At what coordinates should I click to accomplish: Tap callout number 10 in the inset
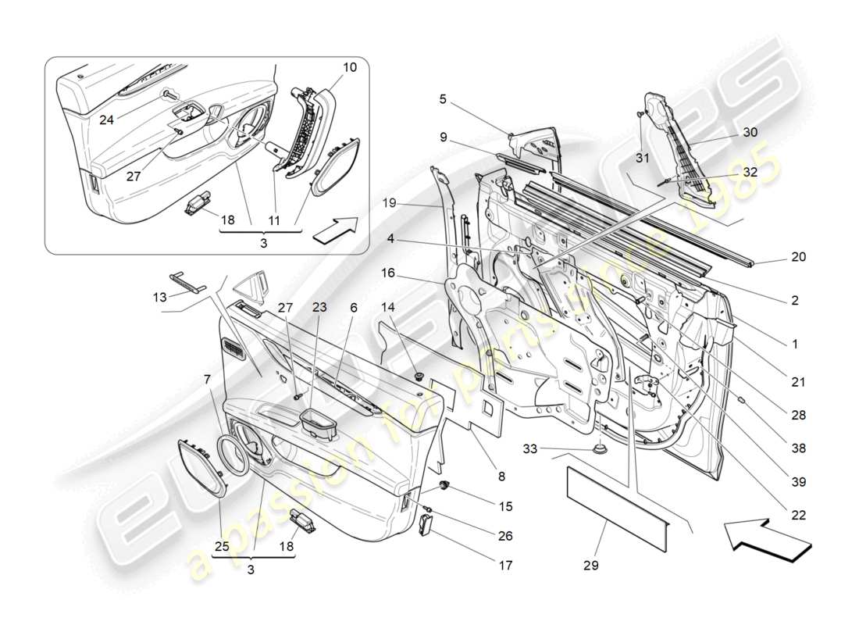point(349,68)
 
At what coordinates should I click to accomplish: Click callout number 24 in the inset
point(105,120)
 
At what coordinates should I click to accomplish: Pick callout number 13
point(159,296)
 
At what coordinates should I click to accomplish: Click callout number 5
point(443,99)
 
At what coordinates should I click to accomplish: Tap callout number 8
point(501,475)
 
